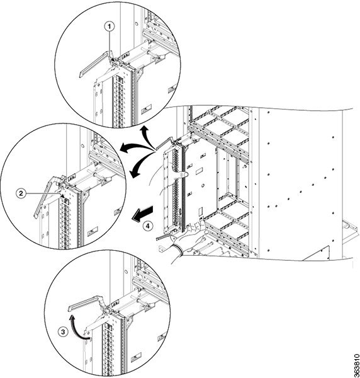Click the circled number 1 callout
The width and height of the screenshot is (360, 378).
pyautogui.click(x=110, y=26)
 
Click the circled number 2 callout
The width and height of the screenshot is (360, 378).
pyautogui.click(x=21, y=193)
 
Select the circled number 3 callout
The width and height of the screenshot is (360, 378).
pyautogui.click(x=62, y=332)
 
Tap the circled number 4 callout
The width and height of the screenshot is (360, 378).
pyautogui.click(x=147, y=226)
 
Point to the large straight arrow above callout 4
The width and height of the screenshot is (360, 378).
pyautogui.click(x=143, y=212)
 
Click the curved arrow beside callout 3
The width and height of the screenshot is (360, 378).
pyautogui.click(x=79, y=327)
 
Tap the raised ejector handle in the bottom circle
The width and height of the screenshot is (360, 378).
pyautogui.click(x=87, y=303)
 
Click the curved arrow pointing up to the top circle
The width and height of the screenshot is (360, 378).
pyautogui.click(x=147, y=137)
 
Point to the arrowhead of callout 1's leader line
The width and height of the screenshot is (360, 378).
pyautogui.click(x=113, y=59)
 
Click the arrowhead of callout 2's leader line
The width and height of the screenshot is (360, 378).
pyautogui.click(x=62, y=196)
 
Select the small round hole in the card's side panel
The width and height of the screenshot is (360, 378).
pyautogui.click(x=203, y=185)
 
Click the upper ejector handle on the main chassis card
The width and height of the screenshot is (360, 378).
pyautogui.click(x=164, y=143)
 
